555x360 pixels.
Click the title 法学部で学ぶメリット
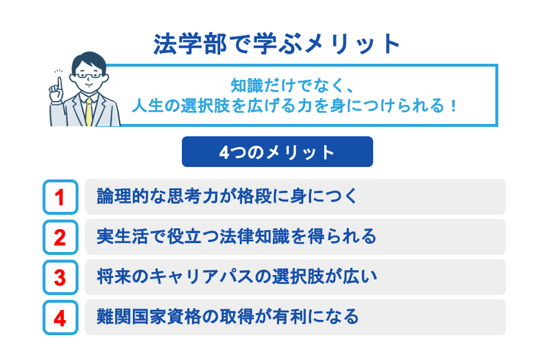tap(277, 45)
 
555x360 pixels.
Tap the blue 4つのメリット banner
tap(277, 152)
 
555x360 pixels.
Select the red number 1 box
tap(60, 197)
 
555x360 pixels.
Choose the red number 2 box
tap(60, 237)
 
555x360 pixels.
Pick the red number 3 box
tap(60, 277)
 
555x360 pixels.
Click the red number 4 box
tap(60, 318)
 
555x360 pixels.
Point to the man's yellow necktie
tap(89, 112)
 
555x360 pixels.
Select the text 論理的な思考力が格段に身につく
tap(227, 197)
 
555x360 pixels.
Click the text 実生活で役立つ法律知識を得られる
tap(236, 237)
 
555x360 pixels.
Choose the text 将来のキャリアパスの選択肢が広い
tap(236, 277)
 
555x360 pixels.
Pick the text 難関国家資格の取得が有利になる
tap(227, 317)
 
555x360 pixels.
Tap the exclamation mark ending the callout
tap(453, 107)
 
